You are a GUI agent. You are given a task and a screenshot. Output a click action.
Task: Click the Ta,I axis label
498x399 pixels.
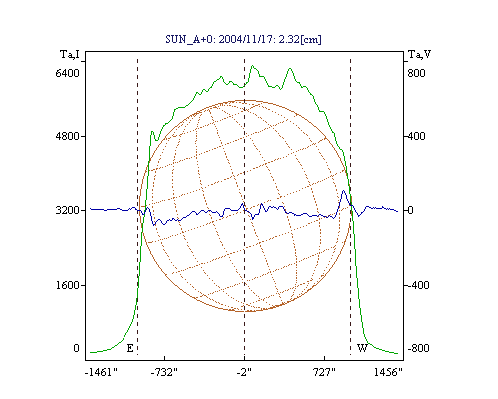tap(70, 54)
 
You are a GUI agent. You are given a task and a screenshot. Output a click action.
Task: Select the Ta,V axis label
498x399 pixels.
tap(419, 54)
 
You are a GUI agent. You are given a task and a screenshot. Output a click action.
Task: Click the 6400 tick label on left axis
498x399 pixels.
tap(68, 73)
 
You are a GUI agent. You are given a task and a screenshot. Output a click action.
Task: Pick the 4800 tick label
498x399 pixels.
tap(68, 136)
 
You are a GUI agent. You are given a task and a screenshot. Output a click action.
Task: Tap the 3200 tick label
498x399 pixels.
tap(68, 210)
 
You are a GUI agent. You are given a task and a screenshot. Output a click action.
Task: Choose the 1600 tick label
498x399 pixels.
tap(68, 285)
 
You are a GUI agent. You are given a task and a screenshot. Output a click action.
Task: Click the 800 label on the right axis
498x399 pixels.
tap(416, 73)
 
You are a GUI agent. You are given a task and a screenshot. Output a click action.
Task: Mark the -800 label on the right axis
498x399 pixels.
tap(418, 348)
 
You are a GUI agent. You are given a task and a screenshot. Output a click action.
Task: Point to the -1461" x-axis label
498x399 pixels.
tap(101, 372)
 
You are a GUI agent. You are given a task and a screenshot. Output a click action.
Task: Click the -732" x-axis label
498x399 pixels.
tap(164, 372)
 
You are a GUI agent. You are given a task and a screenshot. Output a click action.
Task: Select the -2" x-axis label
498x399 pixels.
tap(244, 372)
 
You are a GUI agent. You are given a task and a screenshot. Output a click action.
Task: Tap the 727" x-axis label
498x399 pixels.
tap(324, 372)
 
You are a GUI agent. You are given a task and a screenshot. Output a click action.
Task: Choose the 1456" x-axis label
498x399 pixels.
tap(388, 372)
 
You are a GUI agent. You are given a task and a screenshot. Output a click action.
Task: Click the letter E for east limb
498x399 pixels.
tap(130, 348)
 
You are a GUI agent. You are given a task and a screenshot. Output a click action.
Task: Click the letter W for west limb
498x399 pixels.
tap(362, 348)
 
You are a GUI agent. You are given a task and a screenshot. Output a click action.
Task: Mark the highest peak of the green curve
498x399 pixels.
tap(253, 66)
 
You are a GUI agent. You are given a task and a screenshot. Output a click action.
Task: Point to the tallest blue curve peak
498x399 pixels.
tap(344, 191)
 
